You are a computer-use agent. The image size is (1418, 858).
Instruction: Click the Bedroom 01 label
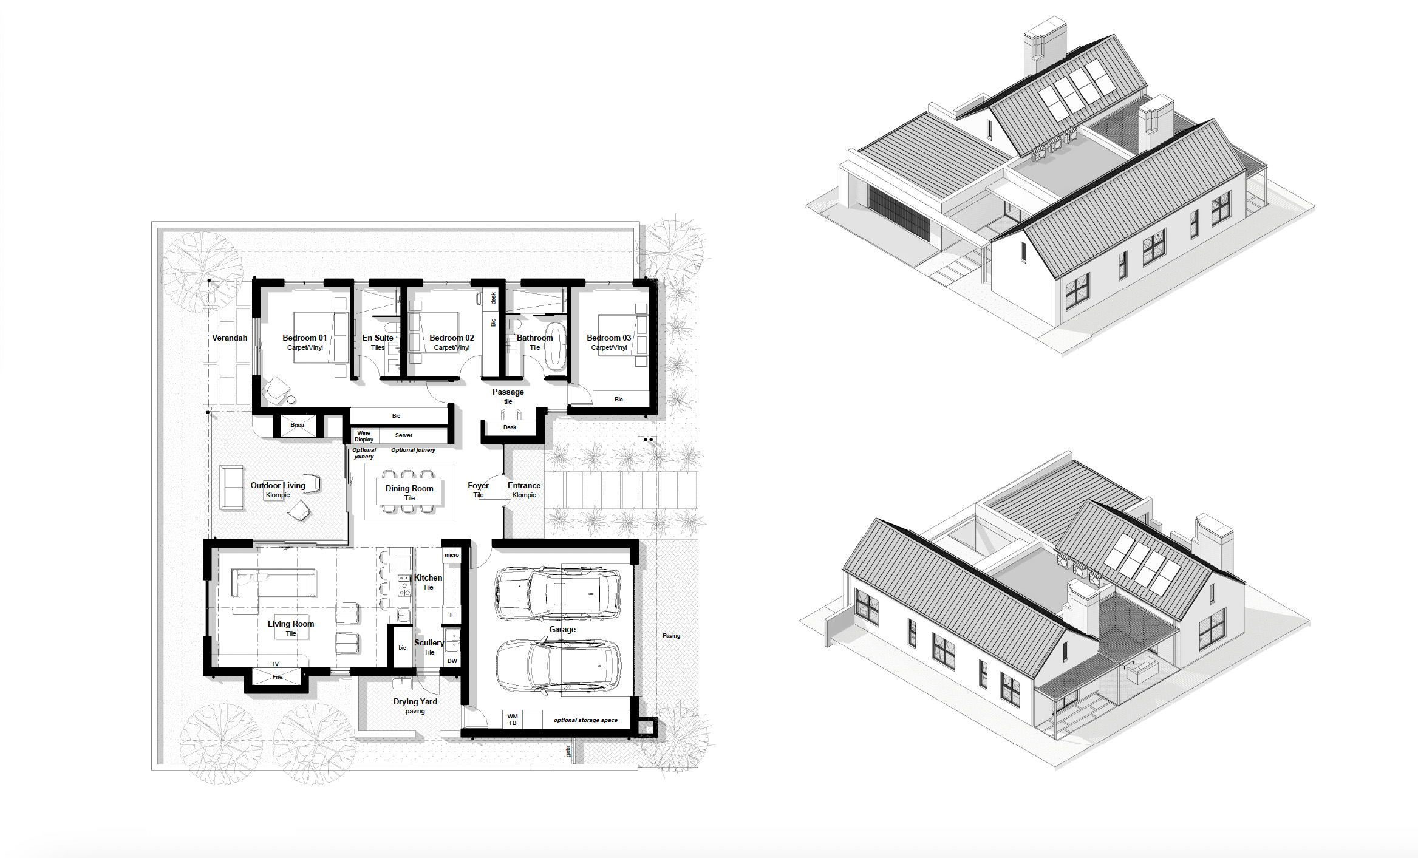pos(304,338)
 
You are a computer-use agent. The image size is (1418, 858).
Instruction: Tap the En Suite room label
pos(378,338)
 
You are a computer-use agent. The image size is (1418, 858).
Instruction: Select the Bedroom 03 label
pos(608,338)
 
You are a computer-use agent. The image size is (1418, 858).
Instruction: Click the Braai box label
pos(297,425)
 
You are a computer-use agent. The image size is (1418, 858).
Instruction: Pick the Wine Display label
pos(364,436)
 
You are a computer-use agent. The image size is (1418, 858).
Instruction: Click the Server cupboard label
pos(403,435)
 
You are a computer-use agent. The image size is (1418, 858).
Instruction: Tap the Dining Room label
pos(409,488)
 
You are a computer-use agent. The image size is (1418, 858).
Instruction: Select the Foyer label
pos(478,485)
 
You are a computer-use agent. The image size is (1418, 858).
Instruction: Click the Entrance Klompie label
pos(524,489)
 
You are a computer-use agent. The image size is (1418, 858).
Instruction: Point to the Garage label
pos(562,629)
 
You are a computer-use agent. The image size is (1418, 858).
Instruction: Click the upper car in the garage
pos(557,594)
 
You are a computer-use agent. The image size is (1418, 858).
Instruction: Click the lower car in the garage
pos(557,666)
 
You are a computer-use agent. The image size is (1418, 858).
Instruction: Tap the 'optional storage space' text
pos(585,720)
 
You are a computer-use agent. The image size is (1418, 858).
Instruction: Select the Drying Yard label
pos(415,701)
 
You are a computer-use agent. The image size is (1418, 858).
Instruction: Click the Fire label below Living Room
pos(278,676)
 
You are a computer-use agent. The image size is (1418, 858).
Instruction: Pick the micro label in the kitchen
pos(451,555)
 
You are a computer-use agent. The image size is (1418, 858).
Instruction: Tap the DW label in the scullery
pos(452,661)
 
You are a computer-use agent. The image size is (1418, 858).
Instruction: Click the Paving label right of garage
pos(671,636)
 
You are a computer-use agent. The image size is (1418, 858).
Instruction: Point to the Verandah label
pos(230,338)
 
